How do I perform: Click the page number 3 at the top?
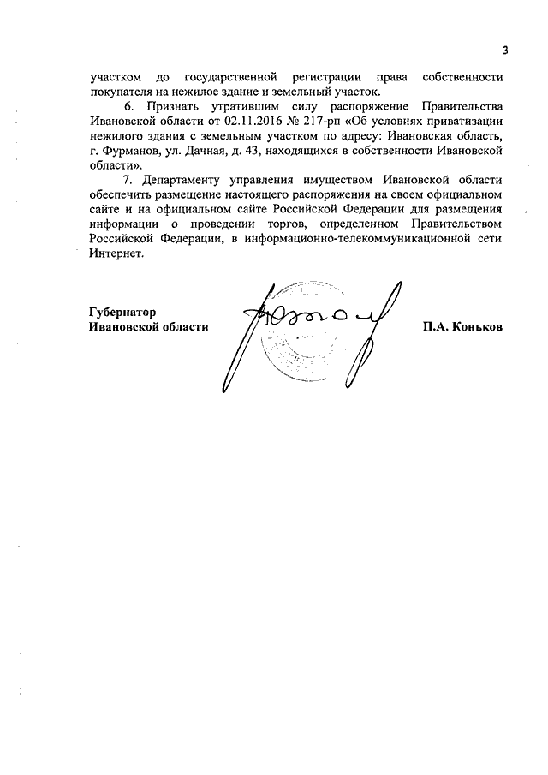505,50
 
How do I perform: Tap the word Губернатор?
128,312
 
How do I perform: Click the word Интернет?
117,254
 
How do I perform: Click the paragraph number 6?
130,107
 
